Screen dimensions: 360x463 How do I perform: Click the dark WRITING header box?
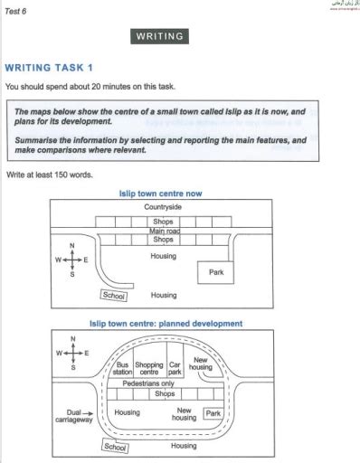(x=160, y=37)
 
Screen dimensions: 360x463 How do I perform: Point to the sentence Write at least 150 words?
(x=49, y=174)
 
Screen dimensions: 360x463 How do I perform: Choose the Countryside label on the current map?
(x=163, y=207)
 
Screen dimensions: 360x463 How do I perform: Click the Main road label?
(x=163, y=231)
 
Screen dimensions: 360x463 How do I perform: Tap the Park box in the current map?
(x=215, y=271)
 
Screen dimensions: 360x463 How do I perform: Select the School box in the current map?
(x=114, y=295)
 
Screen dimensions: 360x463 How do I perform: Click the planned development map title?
(x=166, y=323)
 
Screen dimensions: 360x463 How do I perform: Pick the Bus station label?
(x=122, y=369)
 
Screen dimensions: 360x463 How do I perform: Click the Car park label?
(x=175, y=369)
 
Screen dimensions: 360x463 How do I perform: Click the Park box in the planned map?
(x=213, y=413)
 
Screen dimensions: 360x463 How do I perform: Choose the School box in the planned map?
(x=115, y=446)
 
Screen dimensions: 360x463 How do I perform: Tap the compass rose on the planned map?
(x=71, y=353)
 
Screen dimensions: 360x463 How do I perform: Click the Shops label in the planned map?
(x=165, y=394)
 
